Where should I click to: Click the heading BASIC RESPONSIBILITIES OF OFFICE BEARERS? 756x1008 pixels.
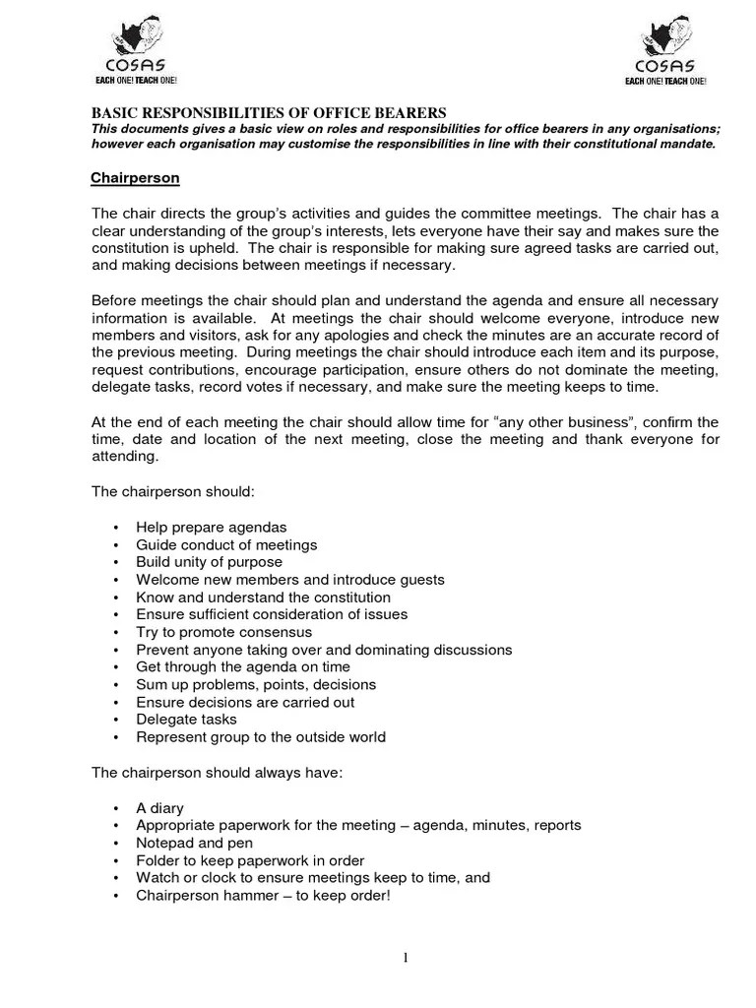click(269, 112)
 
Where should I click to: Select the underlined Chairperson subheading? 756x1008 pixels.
click(135, 178)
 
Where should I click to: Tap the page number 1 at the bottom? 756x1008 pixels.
click(405, 960)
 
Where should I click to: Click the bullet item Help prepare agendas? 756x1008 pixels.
click(211, 527)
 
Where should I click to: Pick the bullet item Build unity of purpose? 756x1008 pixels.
click(209, 562)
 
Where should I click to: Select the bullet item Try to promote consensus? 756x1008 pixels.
click(223, 632)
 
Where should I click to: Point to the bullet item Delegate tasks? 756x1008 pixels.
click(186, 720)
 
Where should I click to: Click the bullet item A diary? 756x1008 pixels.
click(159, 807)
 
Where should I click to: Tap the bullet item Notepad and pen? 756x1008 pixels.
click(194, 843)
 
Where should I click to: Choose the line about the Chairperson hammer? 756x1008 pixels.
click(263, 895)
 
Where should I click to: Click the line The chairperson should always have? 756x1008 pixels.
click(217, 773)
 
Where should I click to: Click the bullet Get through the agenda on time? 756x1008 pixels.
click(242, 667)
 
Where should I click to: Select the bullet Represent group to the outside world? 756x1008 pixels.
click(260, 737)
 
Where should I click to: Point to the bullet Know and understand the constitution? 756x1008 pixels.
click(263, 598)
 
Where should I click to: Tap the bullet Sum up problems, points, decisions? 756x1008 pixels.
click(256, 685)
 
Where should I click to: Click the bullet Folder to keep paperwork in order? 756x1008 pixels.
click(250, 860)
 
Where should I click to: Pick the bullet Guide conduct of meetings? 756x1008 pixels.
click(226, 544)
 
